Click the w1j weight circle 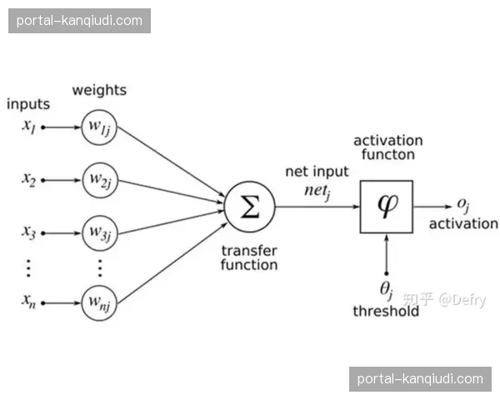[99, 127]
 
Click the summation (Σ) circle [249, 206]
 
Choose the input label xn [29, 301]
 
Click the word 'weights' [99, 89]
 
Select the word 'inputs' [28, 105]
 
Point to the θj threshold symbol [386, 291]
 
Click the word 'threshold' [386, 311]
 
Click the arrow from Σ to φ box [317, 206]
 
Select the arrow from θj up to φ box [386, 254]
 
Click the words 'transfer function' [249, 257]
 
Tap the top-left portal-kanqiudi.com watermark [79, 20]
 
